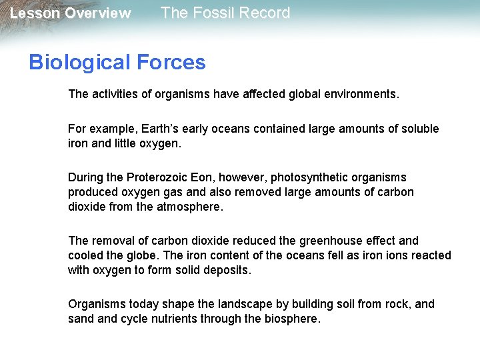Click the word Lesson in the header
tap(33, 13)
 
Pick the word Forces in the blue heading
tap(171, 63)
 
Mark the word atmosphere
tap(190, 207)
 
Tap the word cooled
tap(85, 255)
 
